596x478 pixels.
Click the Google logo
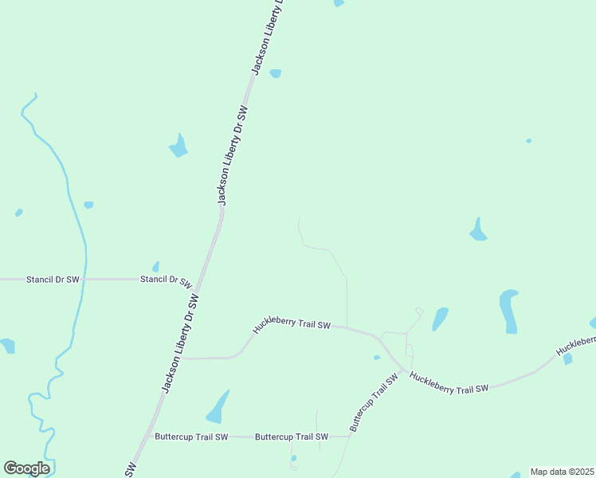click(x=26, y=468)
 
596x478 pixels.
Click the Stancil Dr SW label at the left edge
click(x=53, y=280)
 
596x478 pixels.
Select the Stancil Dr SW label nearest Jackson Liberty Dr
click(x=166, y=280)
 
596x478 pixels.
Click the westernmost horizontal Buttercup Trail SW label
click(x=191, y=437)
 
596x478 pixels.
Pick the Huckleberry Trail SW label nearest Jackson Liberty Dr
click(x=292, y=323)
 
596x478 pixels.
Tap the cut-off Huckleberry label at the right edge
click(x=575, y=345)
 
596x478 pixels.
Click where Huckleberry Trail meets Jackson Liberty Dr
click(x=182, y=358)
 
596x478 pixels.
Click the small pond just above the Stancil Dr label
click(x=156, y=266)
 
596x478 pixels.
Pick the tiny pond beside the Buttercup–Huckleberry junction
click(x=377, y=357)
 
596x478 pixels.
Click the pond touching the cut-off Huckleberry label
click(x=567, y=358)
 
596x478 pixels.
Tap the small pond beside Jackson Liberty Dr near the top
click(x=276, y=73)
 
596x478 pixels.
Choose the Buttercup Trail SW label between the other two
click(x=292, y=437)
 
